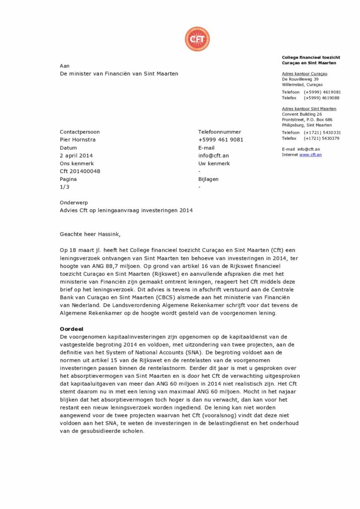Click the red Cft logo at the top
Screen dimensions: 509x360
197,39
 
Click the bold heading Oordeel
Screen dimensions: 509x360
72,329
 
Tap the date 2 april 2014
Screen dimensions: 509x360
76,156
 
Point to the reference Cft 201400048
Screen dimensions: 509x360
80,171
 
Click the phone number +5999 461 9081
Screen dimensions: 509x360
221,140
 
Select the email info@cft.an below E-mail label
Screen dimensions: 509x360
213,156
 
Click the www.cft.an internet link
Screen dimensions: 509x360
310,155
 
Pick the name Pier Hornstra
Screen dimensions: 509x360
78,140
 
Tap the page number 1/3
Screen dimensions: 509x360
64,187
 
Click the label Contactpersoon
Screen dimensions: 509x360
80,132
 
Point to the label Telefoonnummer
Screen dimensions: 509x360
219,132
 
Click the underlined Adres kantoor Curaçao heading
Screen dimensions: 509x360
304,74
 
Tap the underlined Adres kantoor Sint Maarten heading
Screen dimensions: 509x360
309,109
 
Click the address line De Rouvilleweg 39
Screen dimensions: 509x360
300,80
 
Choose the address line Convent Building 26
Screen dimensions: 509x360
302,114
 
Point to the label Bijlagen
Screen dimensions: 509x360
208,179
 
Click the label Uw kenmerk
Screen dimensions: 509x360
214,164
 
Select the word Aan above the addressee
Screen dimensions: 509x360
65,66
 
